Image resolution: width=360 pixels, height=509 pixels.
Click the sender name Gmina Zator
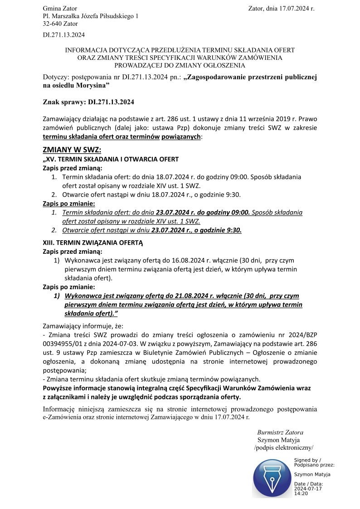(x=60, y=9)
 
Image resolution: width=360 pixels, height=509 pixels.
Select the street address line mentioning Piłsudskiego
(x=91, y=16)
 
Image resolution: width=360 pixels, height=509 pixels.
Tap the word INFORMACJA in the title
(x=88, y=50)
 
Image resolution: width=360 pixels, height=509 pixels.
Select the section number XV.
(x=50, y=159)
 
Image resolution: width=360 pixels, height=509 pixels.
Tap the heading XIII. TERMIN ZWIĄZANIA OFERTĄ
(x=92, y=243)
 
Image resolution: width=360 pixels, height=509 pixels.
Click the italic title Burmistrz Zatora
(x=280, y=432)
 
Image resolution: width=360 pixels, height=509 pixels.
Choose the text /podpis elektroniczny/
(x=283, y=448)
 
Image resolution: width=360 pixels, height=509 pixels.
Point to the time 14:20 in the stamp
(x=301, y=493)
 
